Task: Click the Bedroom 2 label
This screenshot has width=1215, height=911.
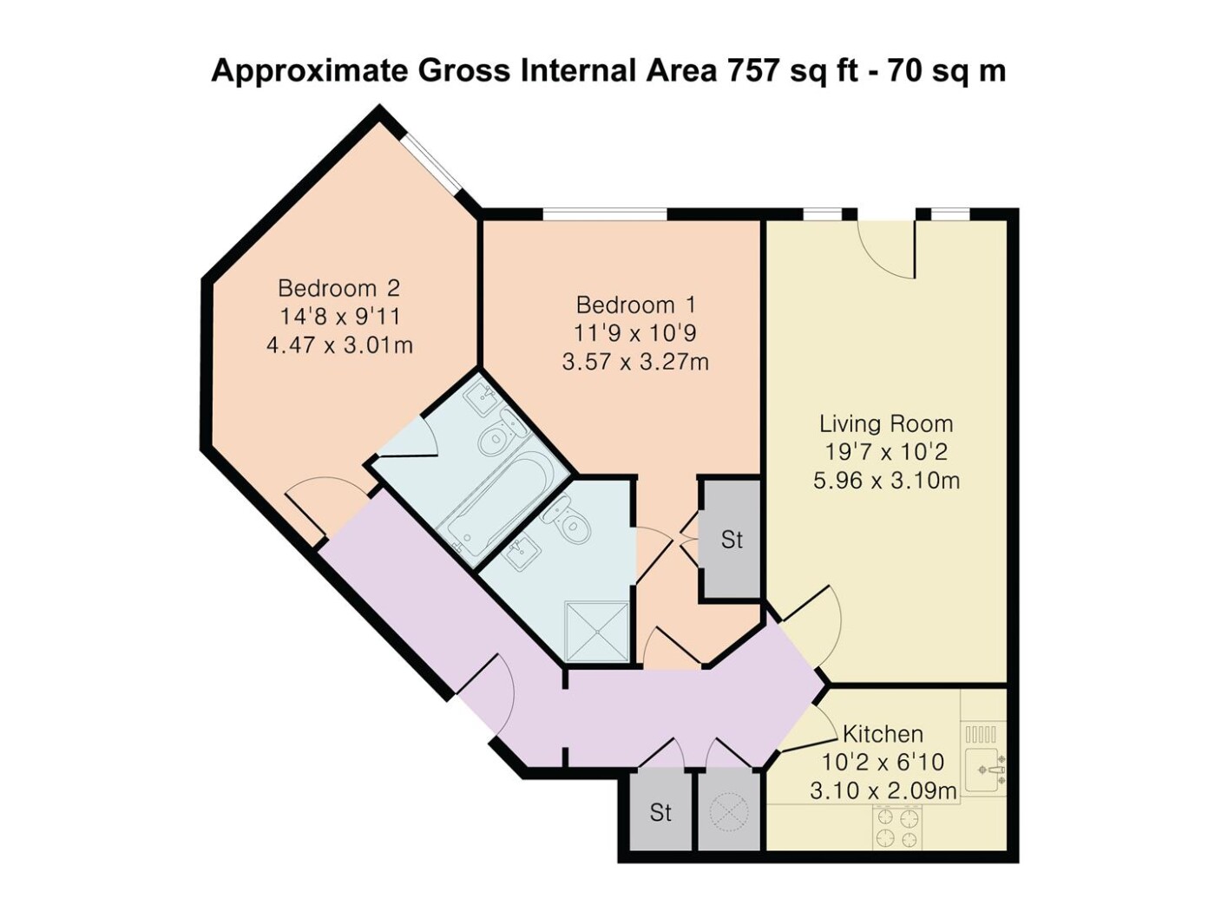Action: click(x=338, y=288)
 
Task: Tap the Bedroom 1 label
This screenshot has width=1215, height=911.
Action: click(x=635, y=305)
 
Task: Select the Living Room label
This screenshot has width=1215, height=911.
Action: click(x=886, y=424)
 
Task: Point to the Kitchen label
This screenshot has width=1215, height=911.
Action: click(x=883, y=735)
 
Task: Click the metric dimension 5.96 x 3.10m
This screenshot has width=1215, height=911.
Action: click(x=886, y=481)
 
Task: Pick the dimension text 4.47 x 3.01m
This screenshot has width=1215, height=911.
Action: click(x=339, y=345)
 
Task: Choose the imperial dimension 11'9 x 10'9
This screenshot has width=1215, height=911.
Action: click(x=635, y=333)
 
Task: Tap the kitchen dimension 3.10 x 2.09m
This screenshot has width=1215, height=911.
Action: click(x=883, y=791)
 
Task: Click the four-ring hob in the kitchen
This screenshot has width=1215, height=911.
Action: click(x=897, y=827)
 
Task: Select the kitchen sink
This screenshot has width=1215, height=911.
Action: click(x=985, y=770)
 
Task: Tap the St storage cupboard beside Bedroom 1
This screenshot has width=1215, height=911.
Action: click(x=732, y=540)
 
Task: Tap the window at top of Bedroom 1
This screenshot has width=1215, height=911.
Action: click(x=604, y=214)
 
